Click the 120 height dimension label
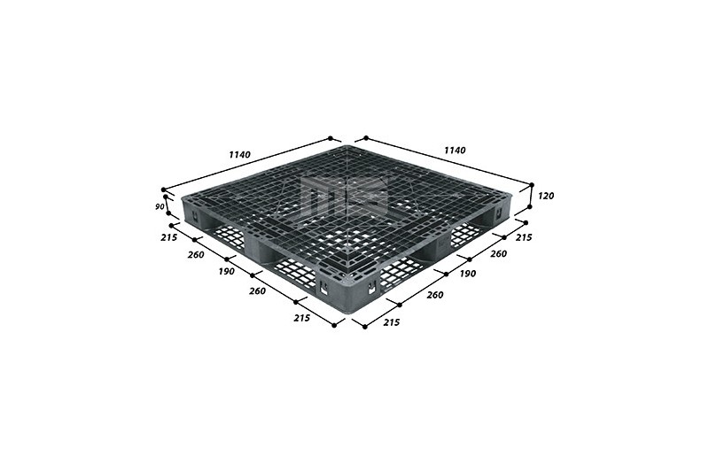(546, 196)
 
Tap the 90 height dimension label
(160, 207)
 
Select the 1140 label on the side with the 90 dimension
(239, 154)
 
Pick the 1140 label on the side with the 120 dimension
(455, 150)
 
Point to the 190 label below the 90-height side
(226, 272)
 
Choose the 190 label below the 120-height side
(468, 274)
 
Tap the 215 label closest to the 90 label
(168, 237)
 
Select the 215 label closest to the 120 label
(524, 237)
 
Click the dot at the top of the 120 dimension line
(532, 185)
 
